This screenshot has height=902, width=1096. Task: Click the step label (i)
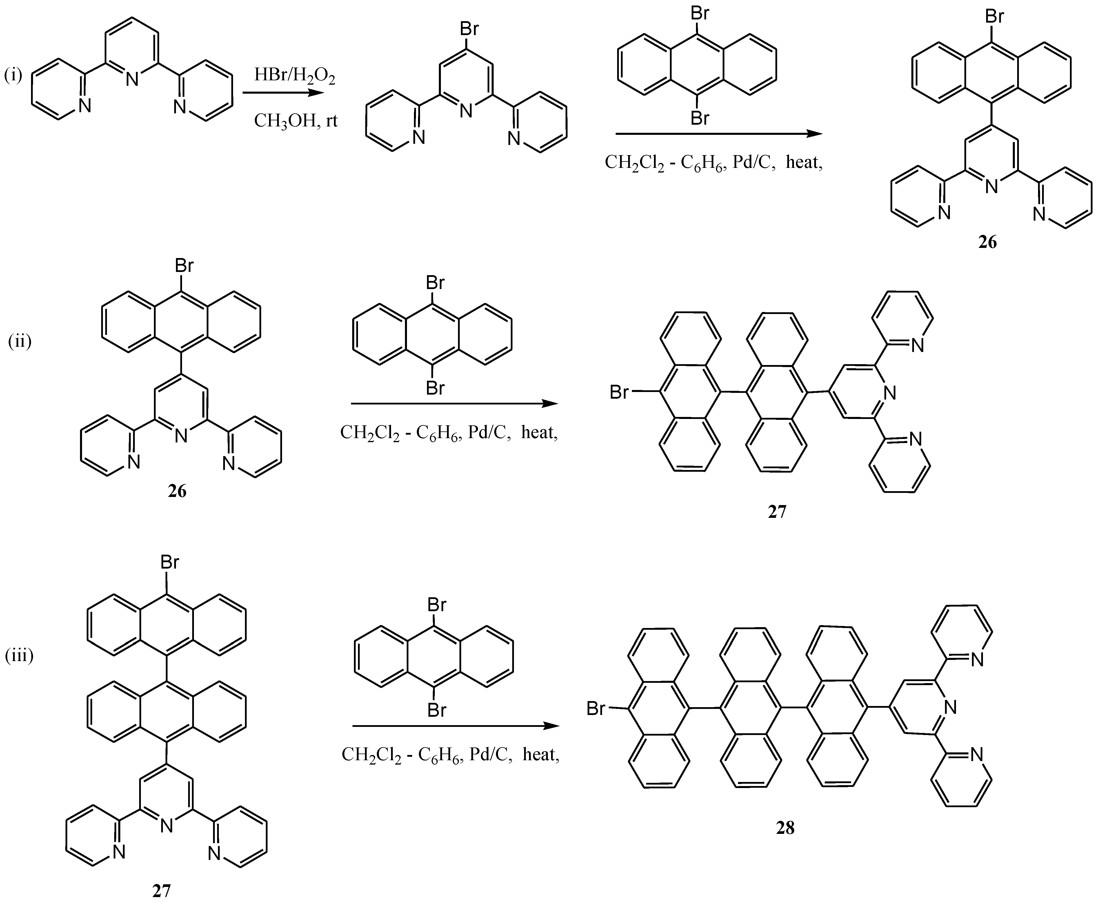coord(14,76)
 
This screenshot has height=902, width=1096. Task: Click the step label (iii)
coord(19,656)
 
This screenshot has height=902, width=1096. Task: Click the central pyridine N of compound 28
coord(950,707)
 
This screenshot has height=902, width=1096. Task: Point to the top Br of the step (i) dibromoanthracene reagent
coord(700,13)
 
